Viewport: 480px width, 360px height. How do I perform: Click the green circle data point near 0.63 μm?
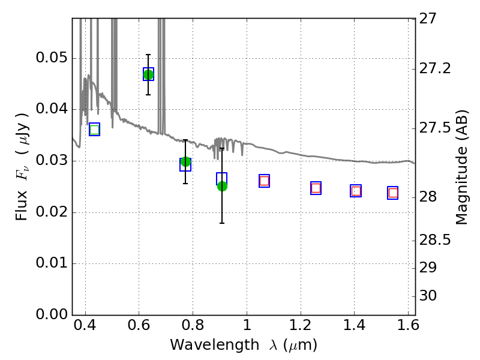click(x=148, y=74)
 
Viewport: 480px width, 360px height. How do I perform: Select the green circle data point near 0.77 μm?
click(x=185, y=161)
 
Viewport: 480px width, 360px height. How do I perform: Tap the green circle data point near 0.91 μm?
click(x=222, y=186)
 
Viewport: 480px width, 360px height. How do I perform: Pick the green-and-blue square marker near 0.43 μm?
click(x=95, y=130)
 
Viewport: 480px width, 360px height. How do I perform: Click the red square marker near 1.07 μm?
click(x=264, y=181)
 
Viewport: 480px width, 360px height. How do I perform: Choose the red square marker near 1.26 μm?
click(x=316, y=188)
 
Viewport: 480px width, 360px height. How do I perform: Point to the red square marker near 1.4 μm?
click(x=356, y=191)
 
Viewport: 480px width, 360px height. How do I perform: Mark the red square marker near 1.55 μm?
click(x=393, y=193)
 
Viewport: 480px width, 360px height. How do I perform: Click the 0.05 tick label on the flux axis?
click(x=52, y=58)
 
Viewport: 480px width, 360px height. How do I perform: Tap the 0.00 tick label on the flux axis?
click(x=52, y=314)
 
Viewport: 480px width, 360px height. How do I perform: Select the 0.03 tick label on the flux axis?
click(x=52, y=160)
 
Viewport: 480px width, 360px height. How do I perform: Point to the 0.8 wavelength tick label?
click(x=193, y=325)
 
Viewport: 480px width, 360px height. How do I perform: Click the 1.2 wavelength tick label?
click(x=301, y=325)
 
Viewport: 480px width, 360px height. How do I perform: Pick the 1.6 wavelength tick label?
click(x=408, y=325)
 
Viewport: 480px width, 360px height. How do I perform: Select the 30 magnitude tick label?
click(x=428, y=296)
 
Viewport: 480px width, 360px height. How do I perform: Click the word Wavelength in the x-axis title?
click(x=215, y=345)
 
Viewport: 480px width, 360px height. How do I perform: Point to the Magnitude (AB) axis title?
click(x=461, y=167)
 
